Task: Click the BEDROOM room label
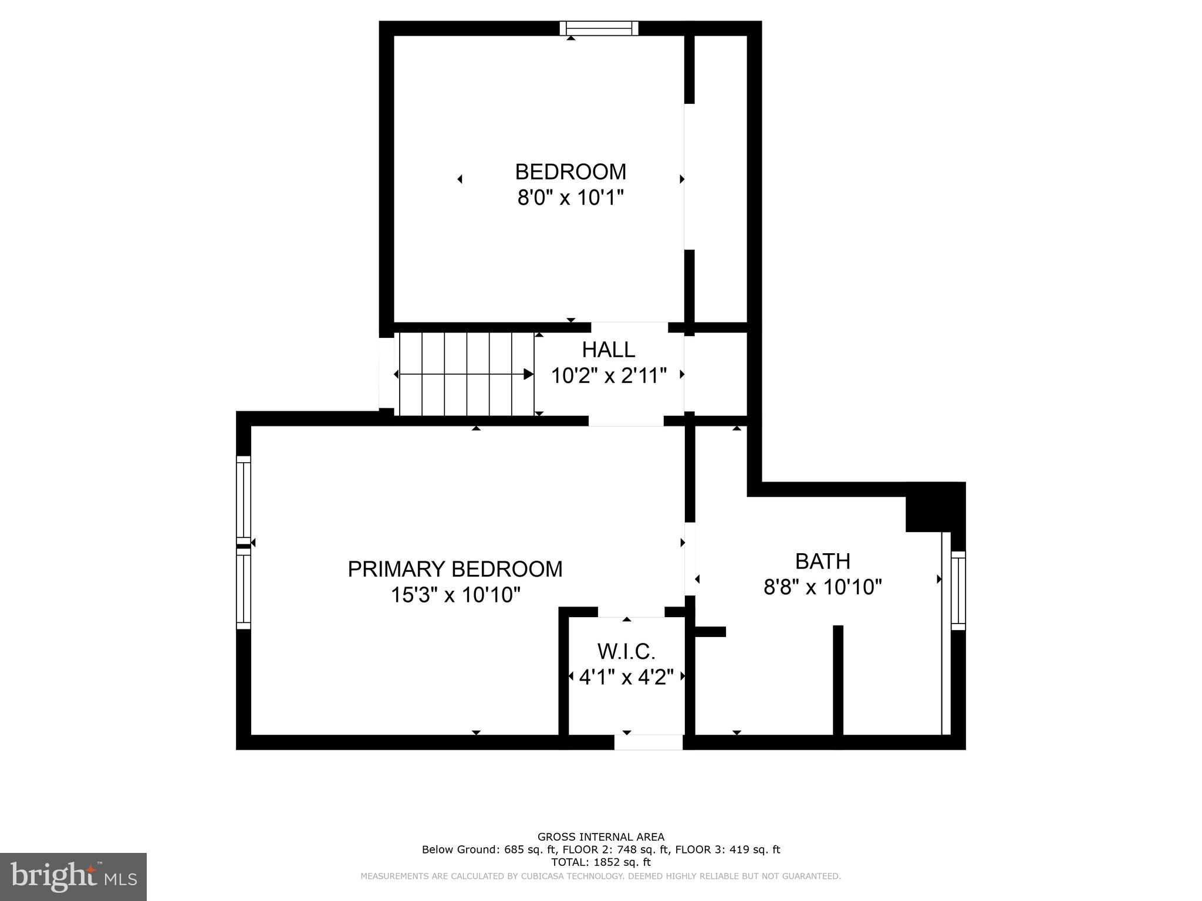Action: [x=570, y=172]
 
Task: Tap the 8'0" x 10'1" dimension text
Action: [x=569, y=198]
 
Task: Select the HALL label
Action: [x=608, y=350]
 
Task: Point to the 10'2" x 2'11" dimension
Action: [x=609, y=376]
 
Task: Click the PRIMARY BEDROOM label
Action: [x=455, y=569]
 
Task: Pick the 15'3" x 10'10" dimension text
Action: [x=455, y=595]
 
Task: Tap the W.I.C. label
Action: [x=626, y=652]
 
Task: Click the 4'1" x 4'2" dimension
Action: [x=626, y=678]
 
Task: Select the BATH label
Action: [x=822, y=561]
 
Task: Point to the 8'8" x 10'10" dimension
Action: [x=823, y=587]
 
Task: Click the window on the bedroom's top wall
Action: [x=599, y=28]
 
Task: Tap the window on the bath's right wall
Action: [x=958, y=590]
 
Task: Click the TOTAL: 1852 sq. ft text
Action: [x=600, y=862]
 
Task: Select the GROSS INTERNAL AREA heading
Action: [x=600, y=837]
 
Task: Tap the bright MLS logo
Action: [x=73, y=876]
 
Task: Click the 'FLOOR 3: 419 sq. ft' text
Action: [x=727, y=849]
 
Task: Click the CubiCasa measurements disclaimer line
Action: [x=600, y=876]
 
